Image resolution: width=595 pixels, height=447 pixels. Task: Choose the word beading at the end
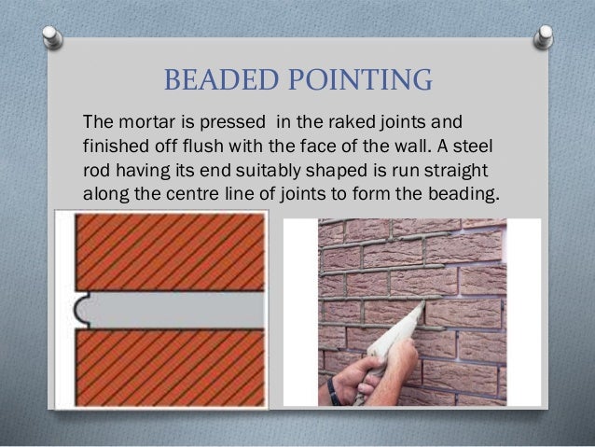click(467, 196)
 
